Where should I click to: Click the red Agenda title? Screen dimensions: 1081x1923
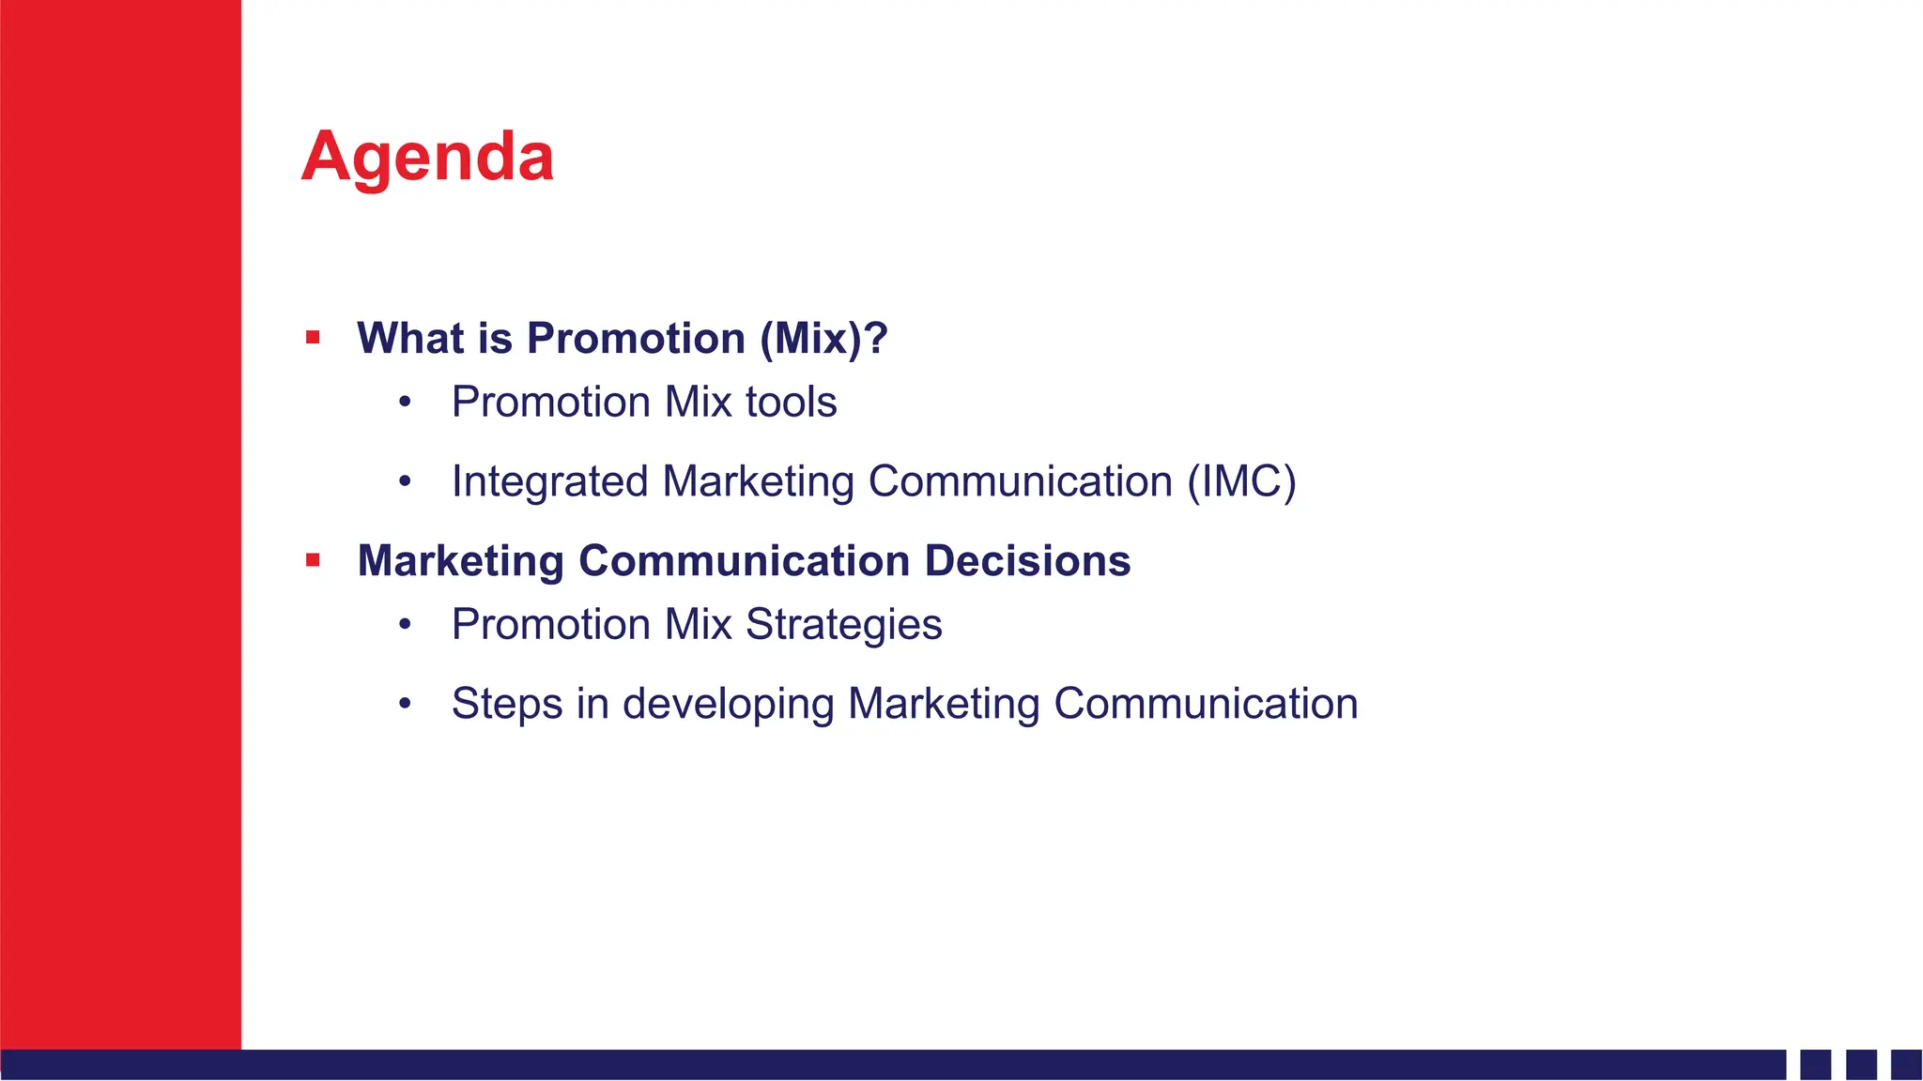tap(427, 157)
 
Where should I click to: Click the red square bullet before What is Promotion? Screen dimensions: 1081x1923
tap(313, 338)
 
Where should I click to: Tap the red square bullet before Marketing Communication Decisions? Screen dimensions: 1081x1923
tap(313, 560)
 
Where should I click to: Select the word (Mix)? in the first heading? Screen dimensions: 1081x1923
tap(823, 339)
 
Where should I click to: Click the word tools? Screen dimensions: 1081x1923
tap(791, 402)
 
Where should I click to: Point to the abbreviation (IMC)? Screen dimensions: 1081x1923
tap(1241, 481)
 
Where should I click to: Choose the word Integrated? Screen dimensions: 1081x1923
tap(550, 481)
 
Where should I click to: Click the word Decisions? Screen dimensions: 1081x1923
tap(1027, 560)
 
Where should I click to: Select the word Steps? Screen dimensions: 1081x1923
tap(506, 705)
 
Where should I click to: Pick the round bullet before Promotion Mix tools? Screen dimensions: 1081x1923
tap(405, 403)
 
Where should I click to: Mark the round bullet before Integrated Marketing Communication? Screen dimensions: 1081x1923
tap(405, 482)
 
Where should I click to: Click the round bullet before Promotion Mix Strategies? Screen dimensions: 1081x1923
tap(405, 625)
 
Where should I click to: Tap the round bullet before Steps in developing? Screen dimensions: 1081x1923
tap(405, 704)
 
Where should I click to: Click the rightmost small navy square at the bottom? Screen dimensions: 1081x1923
tap(1906, 1064)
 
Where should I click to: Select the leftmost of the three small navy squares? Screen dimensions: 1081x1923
tap(1816, 1064)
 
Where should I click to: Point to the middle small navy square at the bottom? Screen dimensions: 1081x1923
tap(1861, 1064)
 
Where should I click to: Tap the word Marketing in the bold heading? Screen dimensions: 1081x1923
tap(460, 560)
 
